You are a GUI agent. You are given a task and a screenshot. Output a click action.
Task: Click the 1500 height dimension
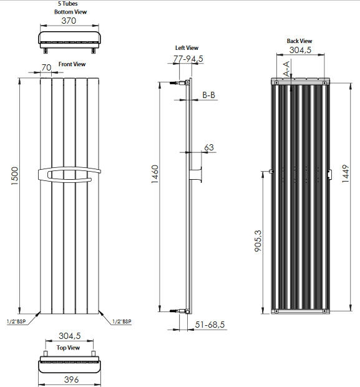pos(15,176)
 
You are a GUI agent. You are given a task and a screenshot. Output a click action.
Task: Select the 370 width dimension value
pos(69,21)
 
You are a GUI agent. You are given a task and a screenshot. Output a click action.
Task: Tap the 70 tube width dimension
pos(46,67)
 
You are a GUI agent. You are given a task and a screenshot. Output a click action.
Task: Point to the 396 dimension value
pos(71,380)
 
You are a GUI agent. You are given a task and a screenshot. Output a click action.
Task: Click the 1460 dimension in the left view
pos(155,174)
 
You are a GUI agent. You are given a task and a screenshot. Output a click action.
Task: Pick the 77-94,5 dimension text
pos(188,59)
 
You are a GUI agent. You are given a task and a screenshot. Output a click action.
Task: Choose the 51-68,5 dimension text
pos(210,325)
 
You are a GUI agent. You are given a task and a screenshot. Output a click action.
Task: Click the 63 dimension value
pos(209,147)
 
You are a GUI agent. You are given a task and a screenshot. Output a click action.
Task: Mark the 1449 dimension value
pos(346,174)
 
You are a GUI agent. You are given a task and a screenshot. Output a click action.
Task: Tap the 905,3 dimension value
pos(258,241)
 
